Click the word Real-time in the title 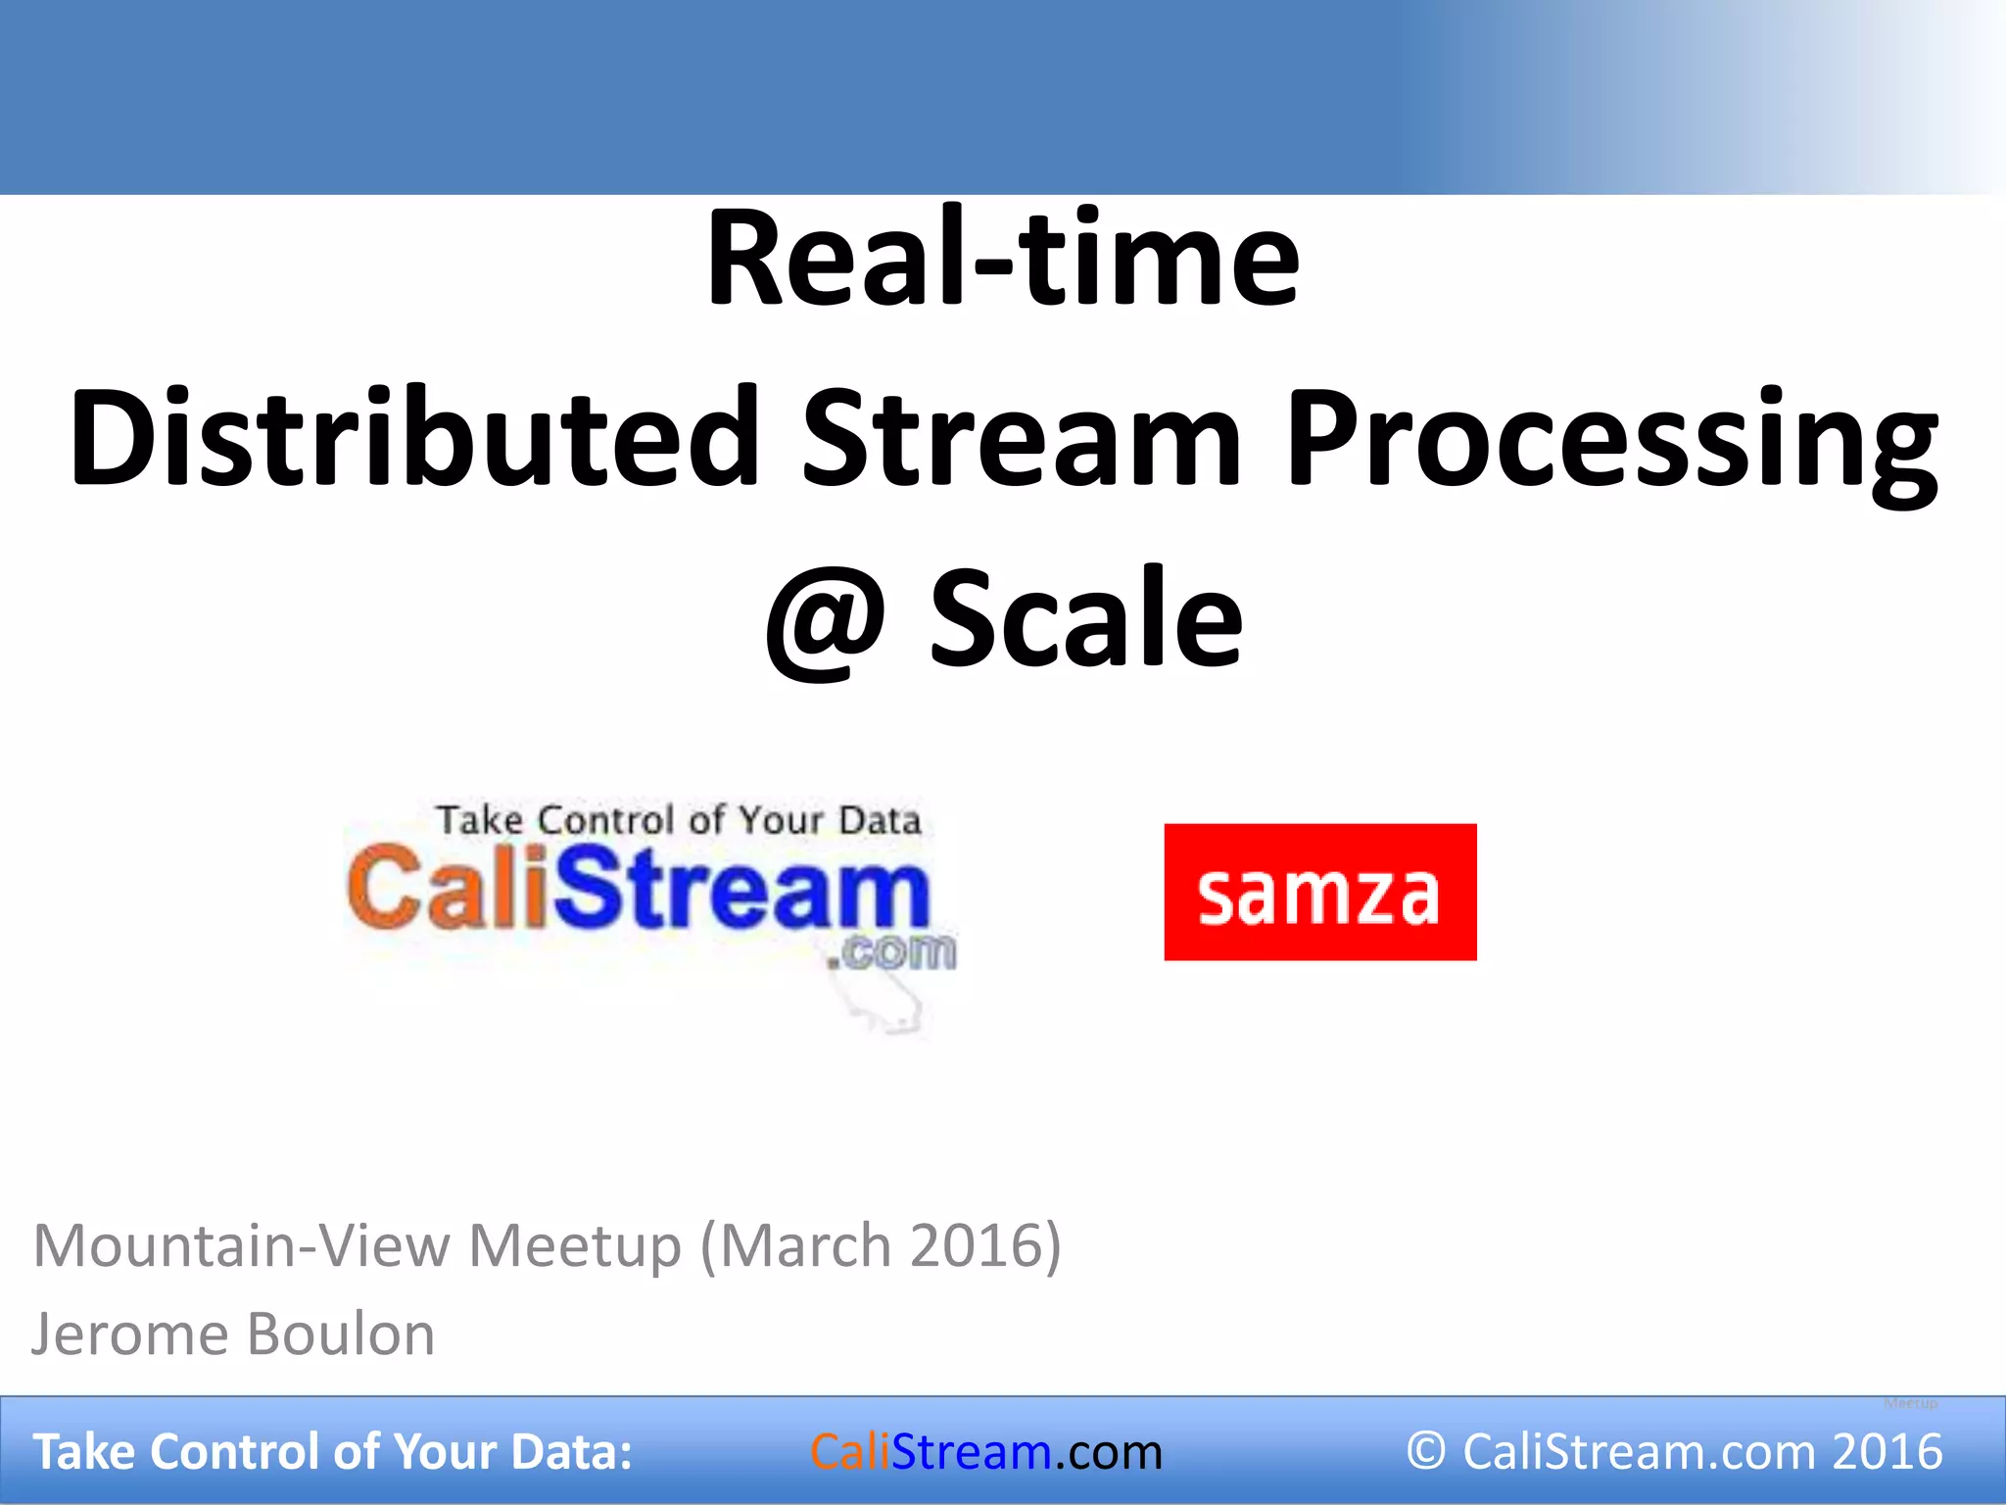pos(1002,261)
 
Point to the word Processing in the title pos(1611,441)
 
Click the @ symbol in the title pos(826,621)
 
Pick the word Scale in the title pos(1085,619)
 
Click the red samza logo pos(1319,892)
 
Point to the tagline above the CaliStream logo pos(678,820)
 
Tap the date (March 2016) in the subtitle pos(881,1246)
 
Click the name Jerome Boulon pos(233,1335)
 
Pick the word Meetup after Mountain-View pos(575,1246)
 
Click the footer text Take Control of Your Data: pos(333,1452)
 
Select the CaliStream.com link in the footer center pos(985,1452)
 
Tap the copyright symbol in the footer pos(1425,1451)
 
